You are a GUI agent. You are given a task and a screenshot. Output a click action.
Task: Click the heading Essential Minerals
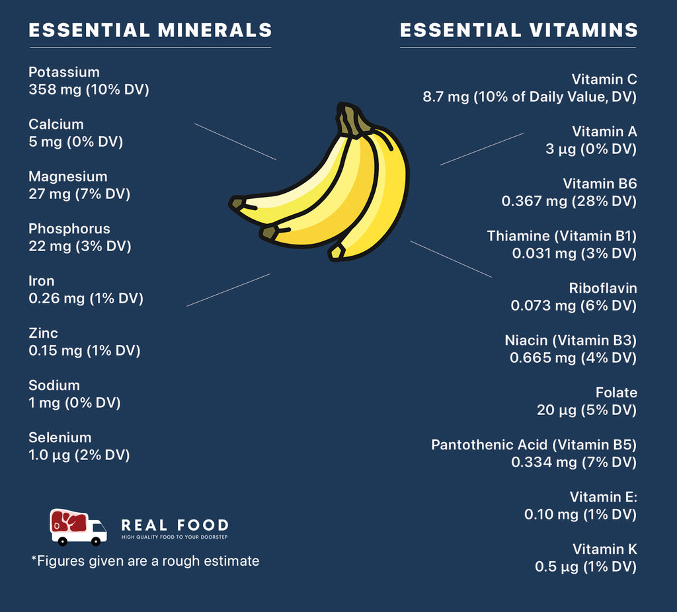150,30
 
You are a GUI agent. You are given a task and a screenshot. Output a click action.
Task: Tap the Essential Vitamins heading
519,30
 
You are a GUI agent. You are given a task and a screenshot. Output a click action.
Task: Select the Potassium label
64,72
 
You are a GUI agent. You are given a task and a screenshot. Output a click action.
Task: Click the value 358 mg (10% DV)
89,89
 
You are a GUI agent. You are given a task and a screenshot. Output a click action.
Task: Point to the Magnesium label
67,176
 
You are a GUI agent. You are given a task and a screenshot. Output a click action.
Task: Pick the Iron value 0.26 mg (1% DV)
86,298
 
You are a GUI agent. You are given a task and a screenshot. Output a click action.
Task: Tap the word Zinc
43,333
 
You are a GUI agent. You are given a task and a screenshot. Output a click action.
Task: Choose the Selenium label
60,438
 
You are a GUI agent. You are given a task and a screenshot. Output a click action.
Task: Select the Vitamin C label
604,79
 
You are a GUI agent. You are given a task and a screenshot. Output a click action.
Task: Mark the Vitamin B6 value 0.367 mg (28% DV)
569,201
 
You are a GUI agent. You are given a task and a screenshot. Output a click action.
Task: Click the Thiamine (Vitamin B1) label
561,236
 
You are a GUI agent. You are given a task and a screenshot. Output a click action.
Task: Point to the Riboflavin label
602,288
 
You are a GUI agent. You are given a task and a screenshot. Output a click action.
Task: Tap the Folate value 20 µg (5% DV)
586,410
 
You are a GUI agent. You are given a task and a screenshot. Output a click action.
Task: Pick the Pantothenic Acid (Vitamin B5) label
534,445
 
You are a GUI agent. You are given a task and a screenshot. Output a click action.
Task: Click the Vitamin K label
604,549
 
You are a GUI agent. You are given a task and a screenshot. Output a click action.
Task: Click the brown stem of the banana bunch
350,119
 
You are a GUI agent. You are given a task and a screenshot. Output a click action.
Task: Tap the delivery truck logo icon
78,527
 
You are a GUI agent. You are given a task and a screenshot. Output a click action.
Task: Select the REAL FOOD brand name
175,525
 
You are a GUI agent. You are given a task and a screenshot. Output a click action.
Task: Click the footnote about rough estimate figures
145,561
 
